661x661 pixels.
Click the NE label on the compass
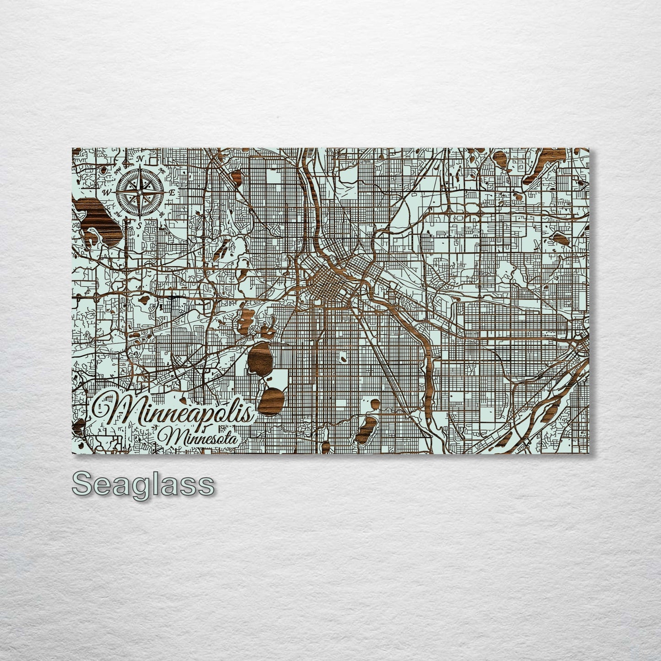click(x=161, y=170)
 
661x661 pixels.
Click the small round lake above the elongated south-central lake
click(x=374, y=404)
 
